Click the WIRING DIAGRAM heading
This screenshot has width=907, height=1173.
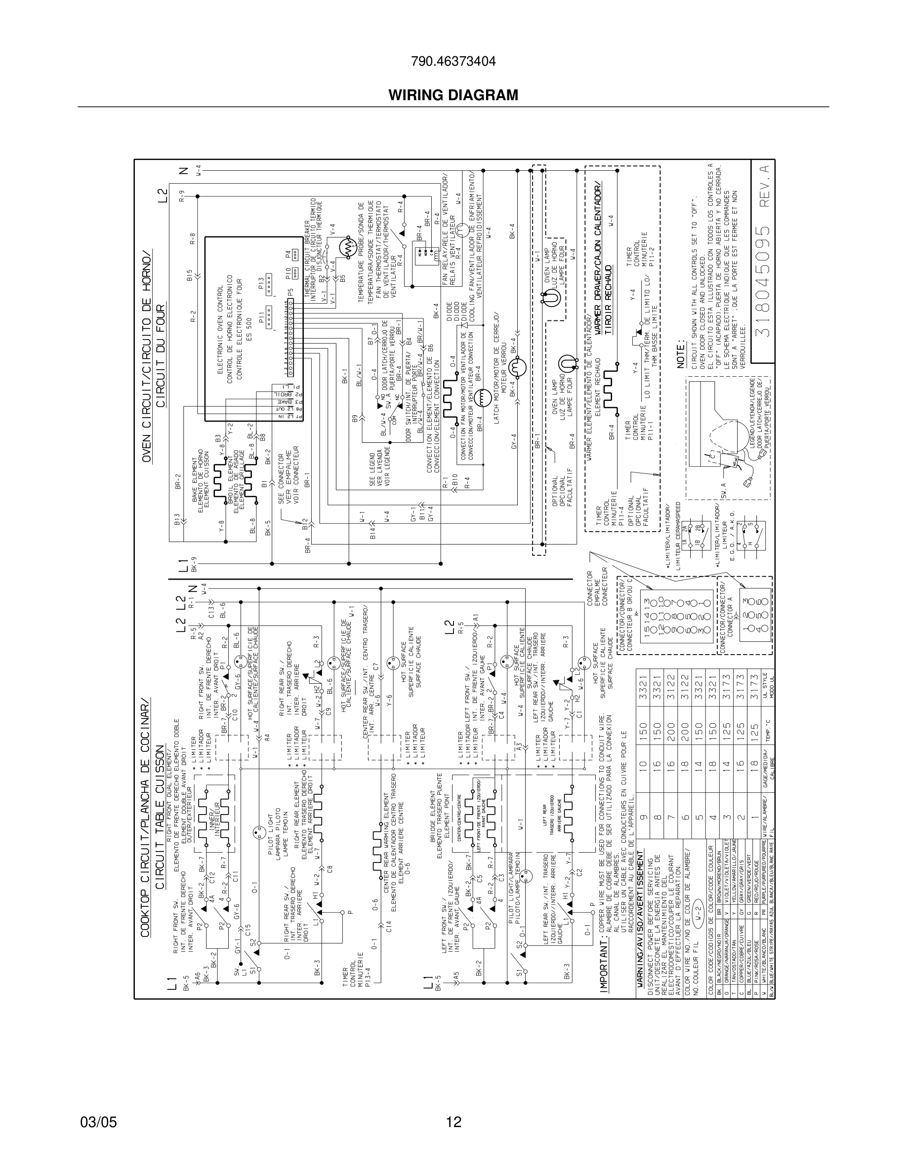pos(453,95)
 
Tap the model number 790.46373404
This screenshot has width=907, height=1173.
pos(453,62)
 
